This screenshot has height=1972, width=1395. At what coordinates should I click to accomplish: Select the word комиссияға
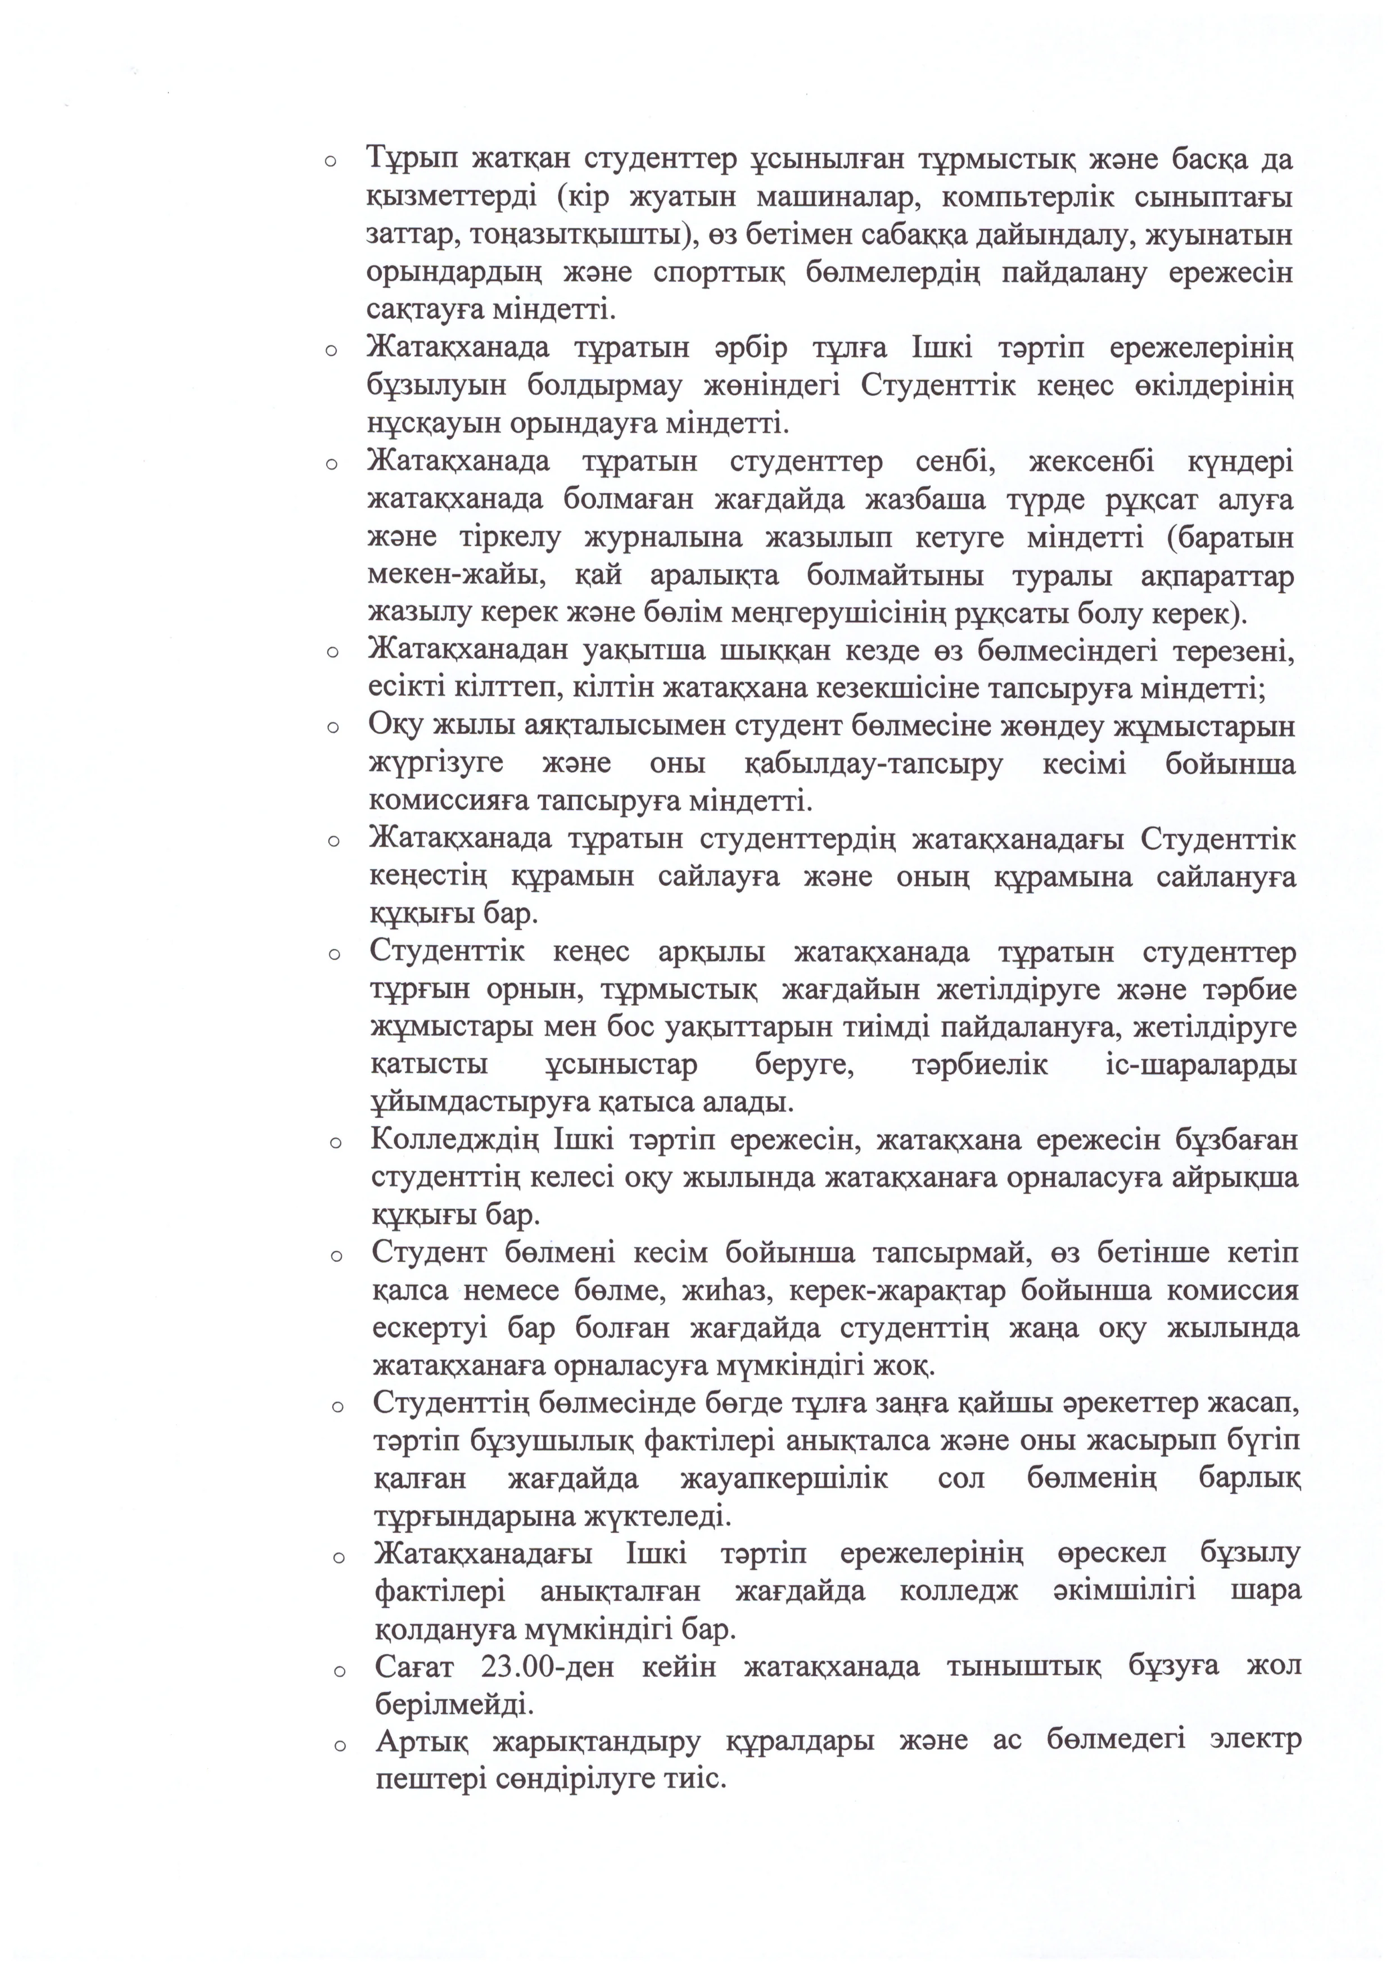443,802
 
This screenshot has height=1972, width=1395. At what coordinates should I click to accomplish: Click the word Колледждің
450,1141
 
